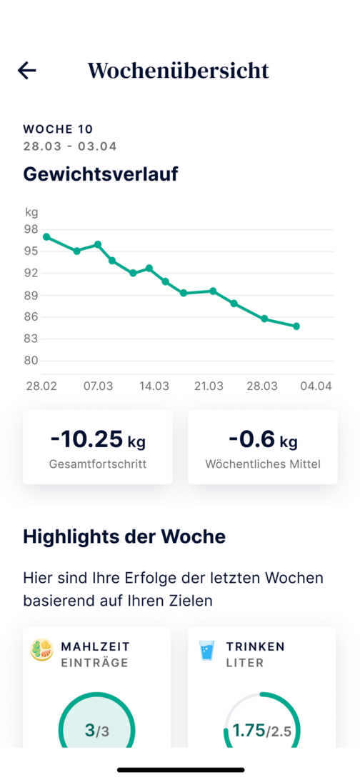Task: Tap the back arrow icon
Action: click(x=27, y=70)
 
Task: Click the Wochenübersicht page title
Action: click(x=179, y=70)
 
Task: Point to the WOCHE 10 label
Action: click(x=58, y=129)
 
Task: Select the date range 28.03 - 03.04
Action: click(x=70, y=146)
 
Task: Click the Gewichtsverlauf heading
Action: click(x=101, y=174)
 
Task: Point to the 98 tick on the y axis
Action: click(x=31, y=229)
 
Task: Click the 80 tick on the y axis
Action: click(x=31, y=361)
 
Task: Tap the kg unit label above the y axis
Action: click(x=31, y=212)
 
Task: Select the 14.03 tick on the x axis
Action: click(x=154, y=386)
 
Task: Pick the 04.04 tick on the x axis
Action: click(x=316, y=386)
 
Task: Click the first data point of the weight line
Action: click(x=46, y=236)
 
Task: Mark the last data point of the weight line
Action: click(x=296, y=326)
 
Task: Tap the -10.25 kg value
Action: click(x=98, y=440)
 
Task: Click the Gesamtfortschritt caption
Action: click(x=98, y=464)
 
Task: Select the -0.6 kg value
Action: click(x=263, y=440)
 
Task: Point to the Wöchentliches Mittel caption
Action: click(x=263, y=464)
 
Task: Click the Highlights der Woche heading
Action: click(x=124, y=536)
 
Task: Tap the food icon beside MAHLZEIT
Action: click(x=41, y=650)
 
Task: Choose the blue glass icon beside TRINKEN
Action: click(x=207, y=650)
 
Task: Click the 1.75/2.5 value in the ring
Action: click(x=262, y=731)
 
